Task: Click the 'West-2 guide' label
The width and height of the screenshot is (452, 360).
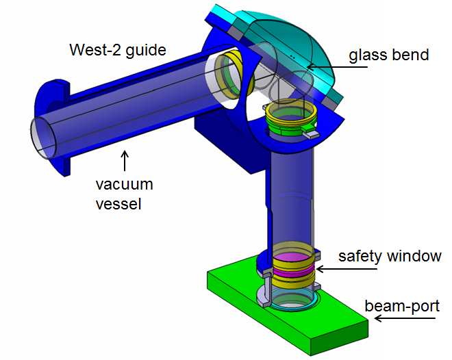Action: (117, 49)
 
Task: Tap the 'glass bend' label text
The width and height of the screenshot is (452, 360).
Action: (388, 55)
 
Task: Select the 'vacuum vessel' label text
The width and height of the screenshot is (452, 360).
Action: (124, 193)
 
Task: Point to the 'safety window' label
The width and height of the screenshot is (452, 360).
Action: (390, 256)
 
